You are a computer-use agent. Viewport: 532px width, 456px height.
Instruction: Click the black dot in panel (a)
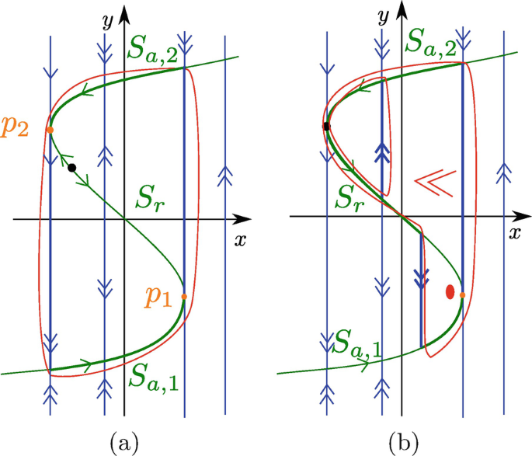(71, 168)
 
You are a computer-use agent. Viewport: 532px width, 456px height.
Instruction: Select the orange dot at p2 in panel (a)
(49, 130)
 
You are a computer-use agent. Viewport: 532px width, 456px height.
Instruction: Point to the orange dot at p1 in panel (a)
(183, 296)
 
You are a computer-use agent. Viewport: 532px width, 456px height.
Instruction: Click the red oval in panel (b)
(449, 292)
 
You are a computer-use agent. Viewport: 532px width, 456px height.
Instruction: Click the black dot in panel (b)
(327, 126)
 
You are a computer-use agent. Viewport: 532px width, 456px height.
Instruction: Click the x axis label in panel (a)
(240, 239)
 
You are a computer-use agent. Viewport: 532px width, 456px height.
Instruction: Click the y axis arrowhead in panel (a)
(124, 9)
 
